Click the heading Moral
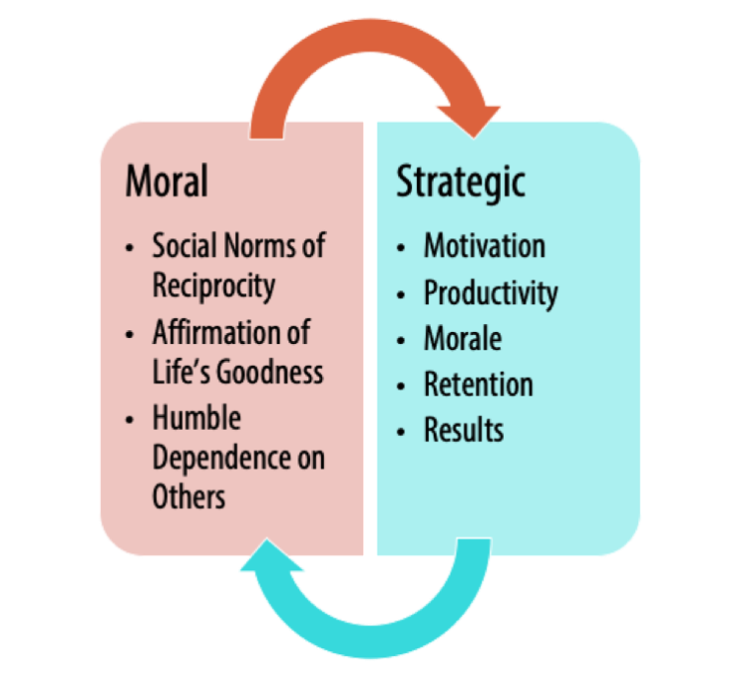(x=167, y=180)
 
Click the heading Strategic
(x=461, y=183)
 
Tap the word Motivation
(x=485, y=245)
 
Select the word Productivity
(x=491, y=294)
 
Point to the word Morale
(x=463, y=338)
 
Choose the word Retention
(x=479, y=384)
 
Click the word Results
(x=464, y=430)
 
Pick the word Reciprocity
(x=213, y=287)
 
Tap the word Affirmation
(x=215, y=332)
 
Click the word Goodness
(x=269, y=372)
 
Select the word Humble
(x=196, y=418)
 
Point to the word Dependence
(x=222, y=459)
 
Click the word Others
(x=188, y=497)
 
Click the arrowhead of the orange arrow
(x=469, y=121)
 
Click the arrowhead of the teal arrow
(x=271, y=554)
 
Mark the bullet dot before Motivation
(x=401, y=248)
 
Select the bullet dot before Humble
(x=130, y=420)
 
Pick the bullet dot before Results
(x=401, y=432)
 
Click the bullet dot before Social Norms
(x=130, y=248)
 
